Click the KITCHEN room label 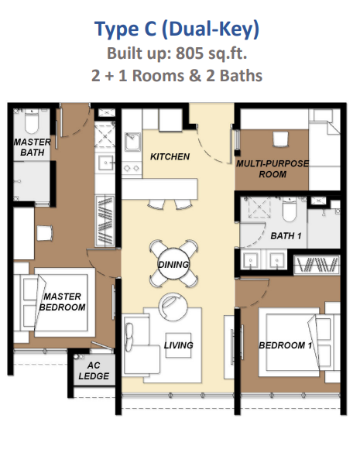[x=170, y=156]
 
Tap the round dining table [x=173, y=264]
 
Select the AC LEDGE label [x=94, y=371]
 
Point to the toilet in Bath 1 [x=289, y=210]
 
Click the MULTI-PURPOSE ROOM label [x=273, y=169]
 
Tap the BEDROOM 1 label [x=285, y=345]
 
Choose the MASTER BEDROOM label [x=62, y=302]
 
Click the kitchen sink [x=132, y=142]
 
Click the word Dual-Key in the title [x=211, y=29]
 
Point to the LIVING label [x=179, y=345]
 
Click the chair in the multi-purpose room [x=279, y=139]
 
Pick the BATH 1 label [x=286, y=236]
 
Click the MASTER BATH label [x=32, y=147]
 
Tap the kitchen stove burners [x=132, y=168]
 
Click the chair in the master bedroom [x=45, y=233]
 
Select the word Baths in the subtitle [x=241, y=76]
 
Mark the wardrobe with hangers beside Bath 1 [x=317, y=264]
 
